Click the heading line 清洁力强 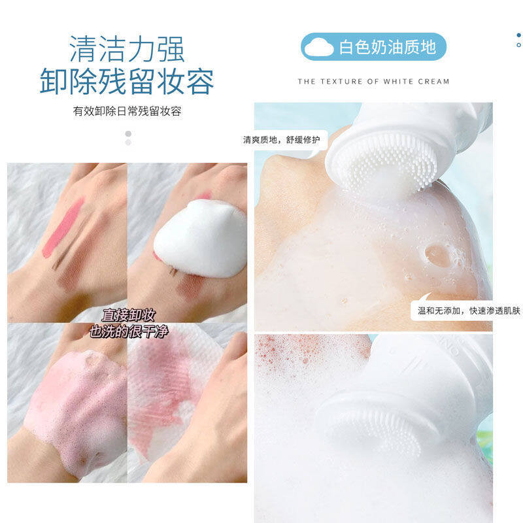[127, 49]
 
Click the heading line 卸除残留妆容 [127, 81]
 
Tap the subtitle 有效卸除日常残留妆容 [127, 111]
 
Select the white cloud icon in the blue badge [318, 47]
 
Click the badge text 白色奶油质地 [388, 46]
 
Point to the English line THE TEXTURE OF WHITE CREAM [373, 81]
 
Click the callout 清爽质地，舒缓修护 [281, 140]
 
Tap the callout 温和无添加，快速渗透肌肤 [469, 311]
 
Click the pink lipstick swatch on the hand [63, 228]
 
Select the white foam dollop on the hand [201, 238]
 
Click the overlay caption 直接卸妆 [128, 314]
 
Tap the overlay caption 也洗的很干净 [128, 331]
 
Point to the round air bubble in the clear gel [437, 255]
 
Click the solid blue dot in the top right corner [518, 35]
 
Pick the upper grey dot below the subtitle [128, 134]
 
